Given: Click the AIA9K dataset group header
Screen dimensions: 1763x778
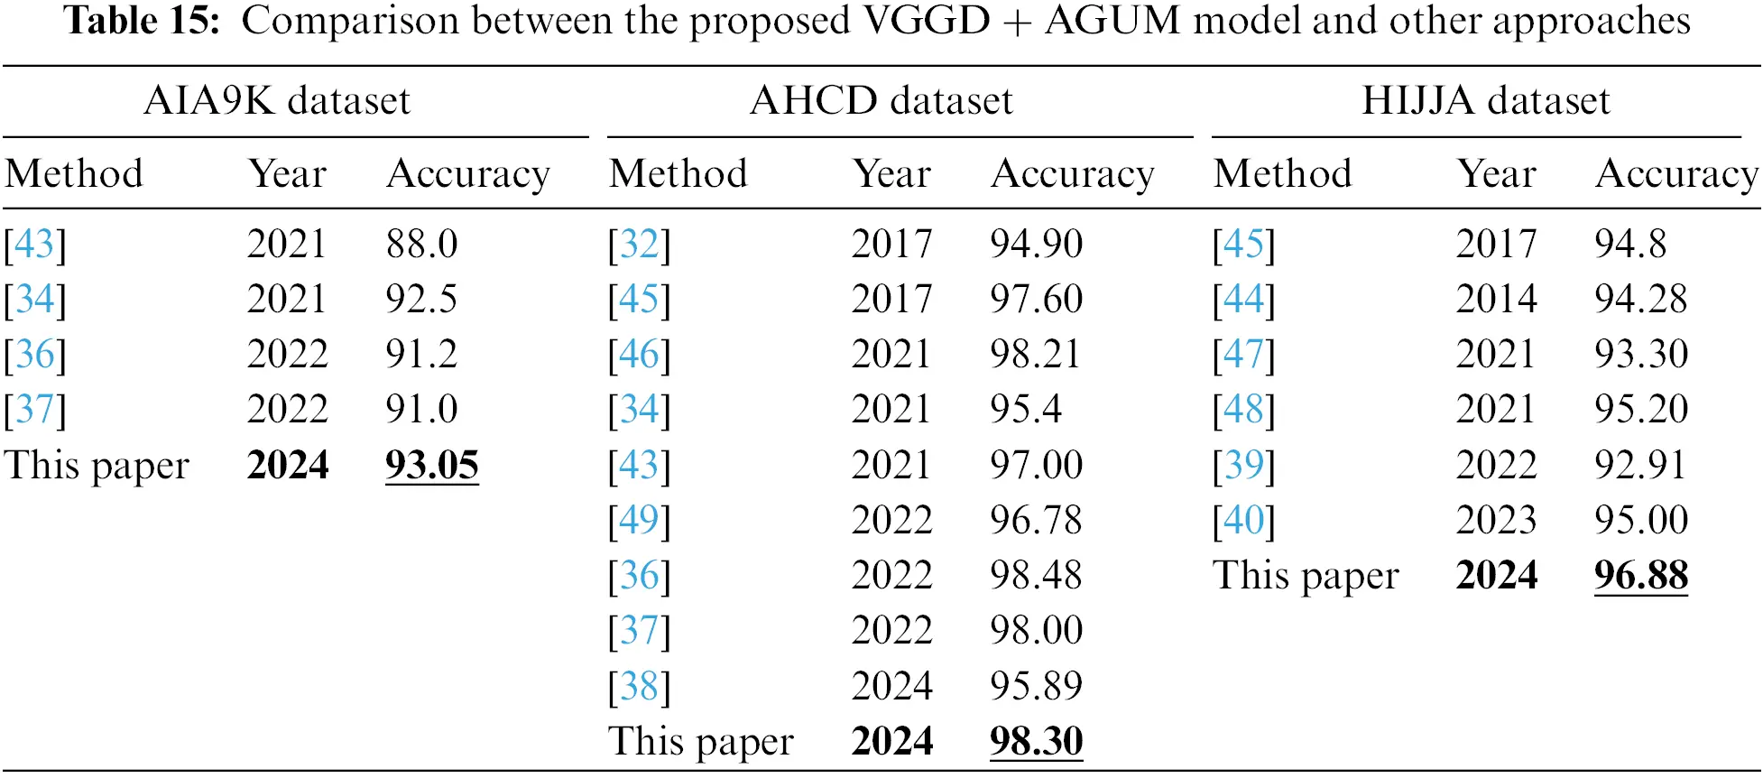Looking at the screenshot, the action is point(277,100).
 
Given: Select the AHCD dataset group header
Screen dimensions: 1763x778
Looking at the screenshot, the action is point(881,100).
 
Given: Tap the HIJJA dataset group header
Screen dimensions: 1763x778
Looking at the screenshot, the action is point(1486,100).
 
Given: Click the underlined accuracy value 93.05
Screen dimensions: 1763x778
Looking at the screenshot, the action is point(432,466).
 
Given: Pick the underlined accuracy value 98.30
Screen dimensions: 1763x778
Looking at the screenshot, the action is point(1037,742).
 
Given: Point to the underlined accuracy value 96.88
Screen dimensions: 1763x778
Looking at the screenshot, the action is point(1641,576).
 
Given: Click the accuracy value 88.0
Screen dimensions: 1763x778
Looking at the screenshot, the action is point(422,244).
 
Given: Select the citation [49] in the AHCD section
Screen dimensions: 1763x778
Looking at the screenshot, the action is point(640,521).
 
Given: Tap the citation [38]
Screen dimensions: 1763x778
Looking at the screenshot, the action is point(640,687).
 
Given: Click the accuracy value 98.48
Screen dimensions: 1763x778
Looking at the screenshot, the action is point(1036,576).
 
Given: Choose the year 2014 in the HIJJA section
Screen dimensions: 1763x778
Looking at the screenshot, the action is point(1496,300).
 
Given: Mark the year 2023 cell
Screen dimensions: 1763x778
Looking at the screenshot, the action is point(1496,521).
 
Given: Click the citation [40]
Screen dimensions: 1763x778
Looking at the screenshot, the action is point(1244,521).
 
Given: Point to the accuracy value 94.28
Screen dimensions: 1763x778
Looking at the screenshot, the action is point(1640,300).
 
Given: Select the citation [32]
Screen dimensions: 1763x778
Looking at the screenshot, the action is point(640,245).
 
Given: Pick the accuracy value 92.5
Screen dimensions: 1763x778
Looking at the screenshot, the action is point(421,300).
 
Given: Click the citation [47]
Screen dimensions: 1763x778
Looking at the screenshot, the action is point(1244,355).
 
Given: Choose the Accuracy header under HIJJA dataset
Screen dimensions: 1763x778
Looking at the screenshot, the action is point(1677,174).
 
